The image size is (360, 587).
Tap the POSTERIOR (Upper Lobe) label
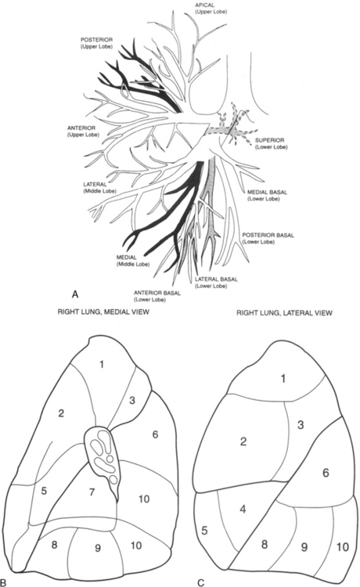pyautogui.click(x=96, y=43)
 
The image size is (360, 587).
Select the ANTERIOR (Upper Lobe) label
pyautogui.click(x=84, y=131)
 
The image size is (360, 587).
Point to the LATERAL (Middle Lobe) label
pyautogui.click(x=99, y=188)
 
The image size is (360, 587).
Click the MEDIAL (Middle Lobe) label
pyautogui.click(x=132, y=261)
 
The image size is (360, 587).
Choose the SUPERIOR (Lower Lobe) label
pyautogui.click(x=272, y=144)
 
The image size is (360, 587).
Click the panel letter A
pyautogui.click(x=75, y=294)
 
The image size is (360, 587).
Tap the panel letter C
pyautogui.click(x=201, y=582)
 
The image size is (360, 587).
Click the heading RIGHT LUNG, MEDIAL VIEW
pyautogui.click(x=103, y=312)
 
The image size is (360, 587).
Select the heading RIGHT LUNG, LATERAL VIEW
pyautogui.click(x=284, y=312)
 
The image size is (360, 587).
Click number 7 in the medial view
pyautogui.click(x=92, y=492)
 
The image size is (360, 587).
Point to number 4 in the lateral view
pyautogui.click(x=243, y=510)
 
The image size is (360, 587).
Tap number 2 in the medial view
pyautogui.click(x=61, y=413)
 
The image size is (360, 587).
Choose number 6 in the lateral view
pyautogui.click(x=326, y=473)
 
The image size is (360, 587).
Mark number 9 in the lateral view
pyautogui.click(x=304, y=547)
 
